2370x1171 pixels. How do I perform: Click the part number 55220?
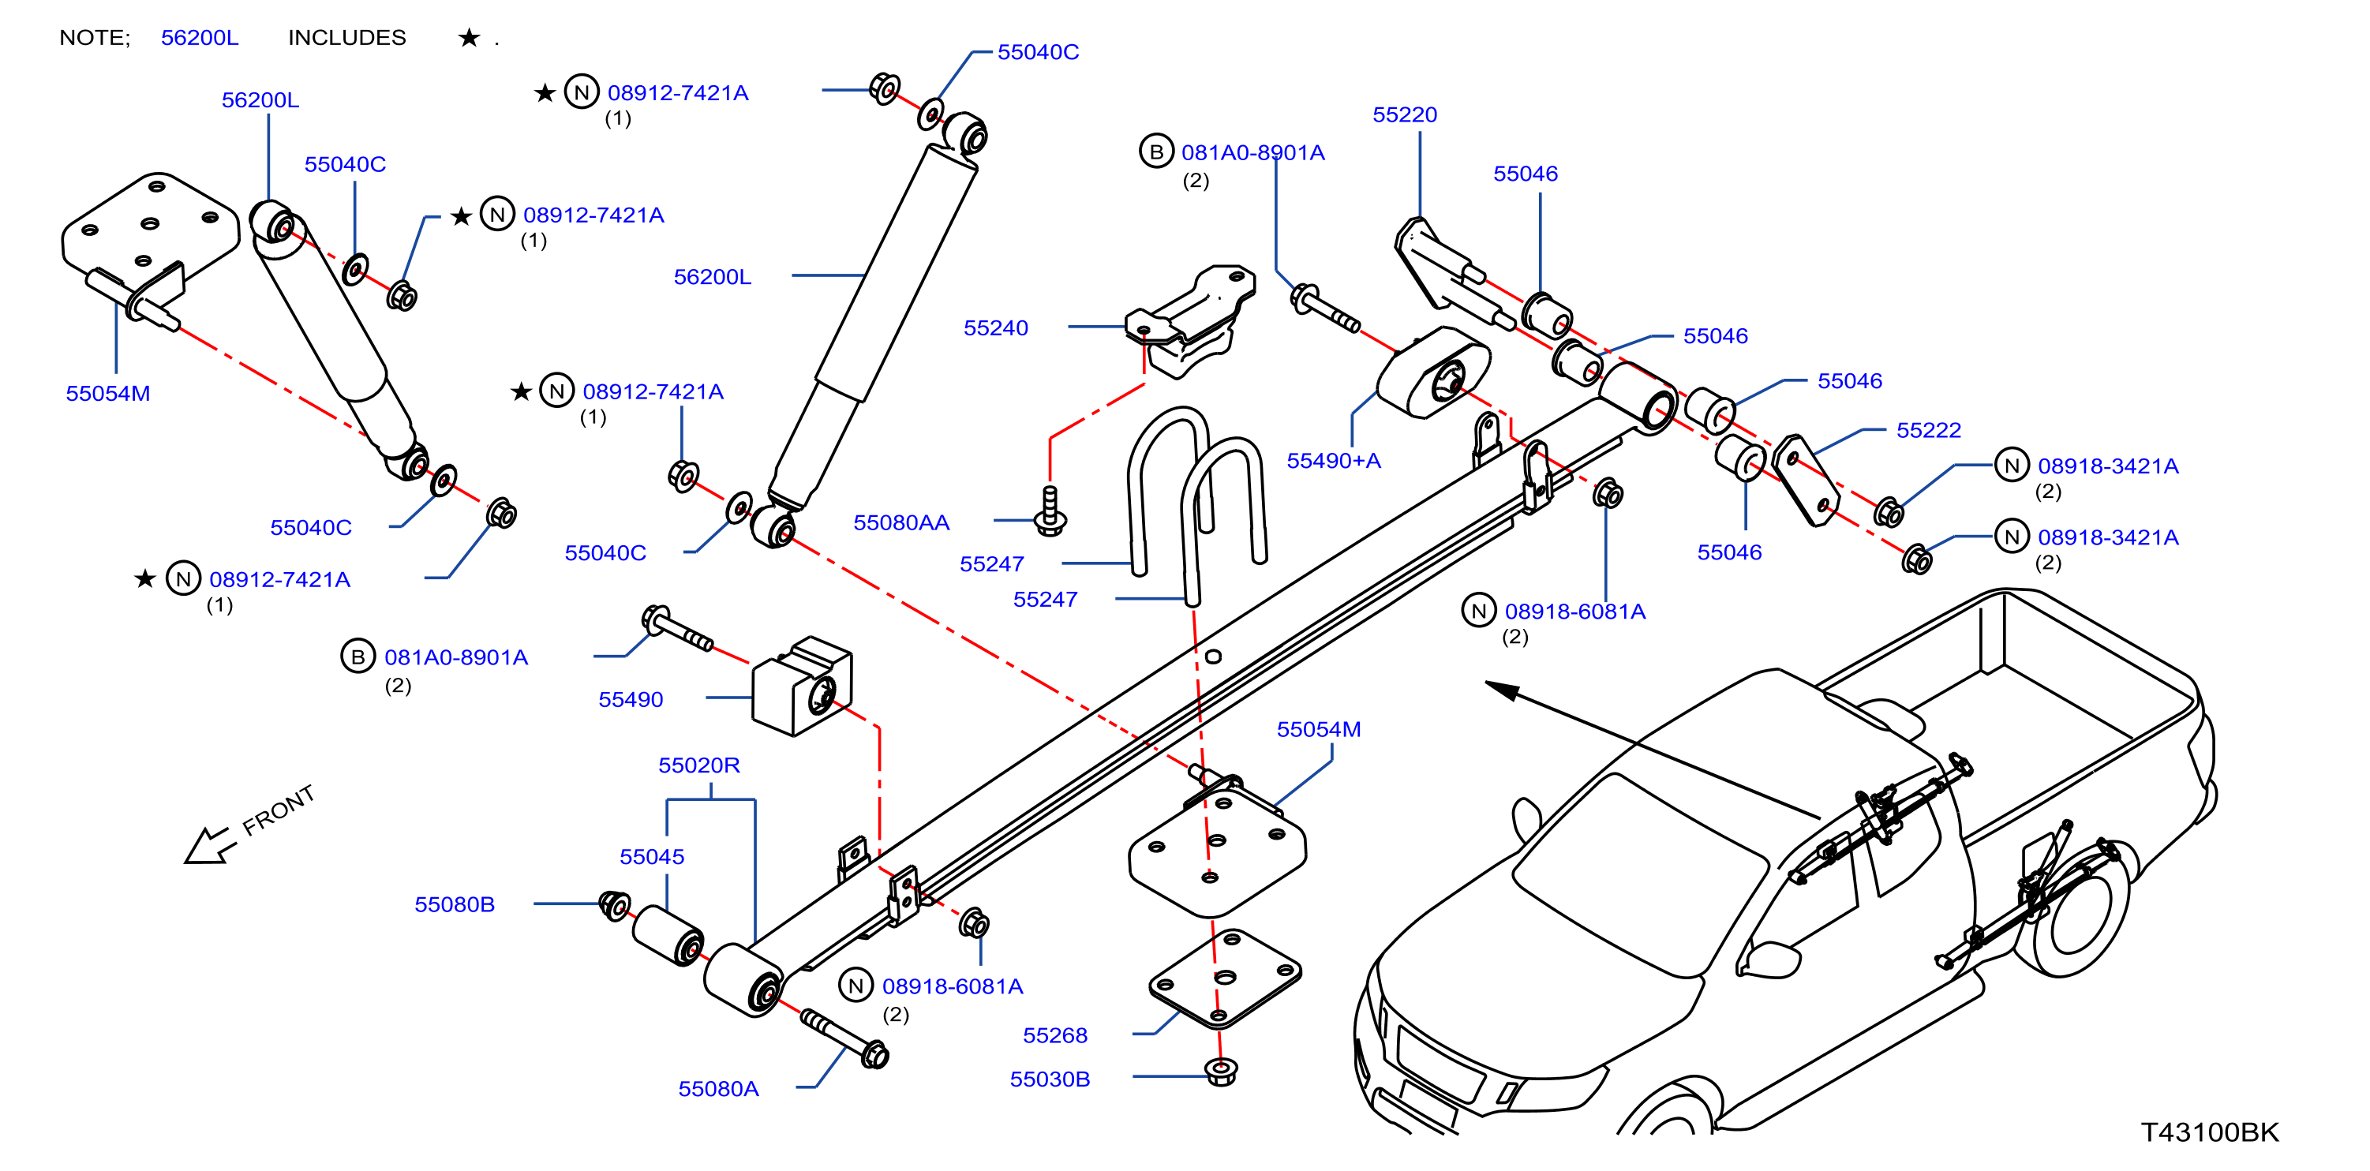pos(1404,115)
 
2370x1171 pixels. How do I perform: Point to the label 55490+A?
pos(1333,461)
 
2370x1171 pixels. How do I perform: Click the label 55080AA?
pos(900,522)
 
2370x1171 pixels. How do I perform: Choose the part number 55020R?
pos(698,765)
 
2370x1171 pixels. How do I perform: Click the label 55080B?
pos(455,905)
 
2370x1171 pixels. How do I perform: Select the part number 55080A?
pos(718,1089)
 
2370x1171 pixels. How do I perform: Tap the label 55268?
pos(1055,1036)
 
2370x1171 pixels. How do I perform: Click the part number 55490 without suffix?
pos(631,700)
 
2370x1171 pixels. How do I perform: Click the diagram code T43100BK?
pos(2210,1132)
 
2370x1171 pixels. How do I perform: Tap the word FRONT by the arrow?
pos(278,810)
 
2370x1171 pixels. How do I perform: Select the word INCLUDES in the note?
pos(346,38)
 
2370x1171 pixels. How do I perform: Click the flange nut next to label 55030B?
pos(1221,1072)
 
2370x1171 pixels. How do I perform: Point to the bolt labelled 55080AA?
pos(1050,511)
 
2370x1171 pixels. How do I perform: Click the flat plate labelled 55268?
pos(1225,978)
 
